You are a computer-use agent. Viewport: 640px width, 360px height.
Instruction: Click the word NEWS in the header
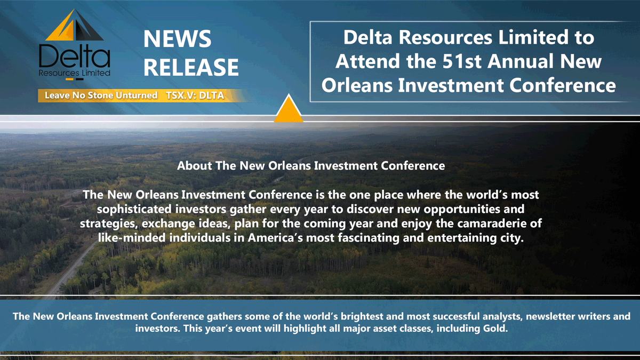click(178, 39)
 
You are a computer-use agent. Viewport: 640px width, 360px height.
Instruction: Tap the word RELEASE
click(191, 68)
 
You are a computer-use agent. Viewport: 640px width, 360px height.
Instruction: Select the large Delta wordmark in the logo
click(75, 56)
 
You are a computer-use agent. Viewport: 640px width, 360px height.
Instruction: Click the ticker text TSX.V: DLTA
click(195, 95)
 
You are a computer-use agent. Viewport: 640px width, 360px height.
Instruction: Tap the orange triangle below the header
click(289, 110)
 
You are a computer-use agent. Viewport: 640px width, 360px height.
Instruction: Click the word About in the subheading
click(195, 166)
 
